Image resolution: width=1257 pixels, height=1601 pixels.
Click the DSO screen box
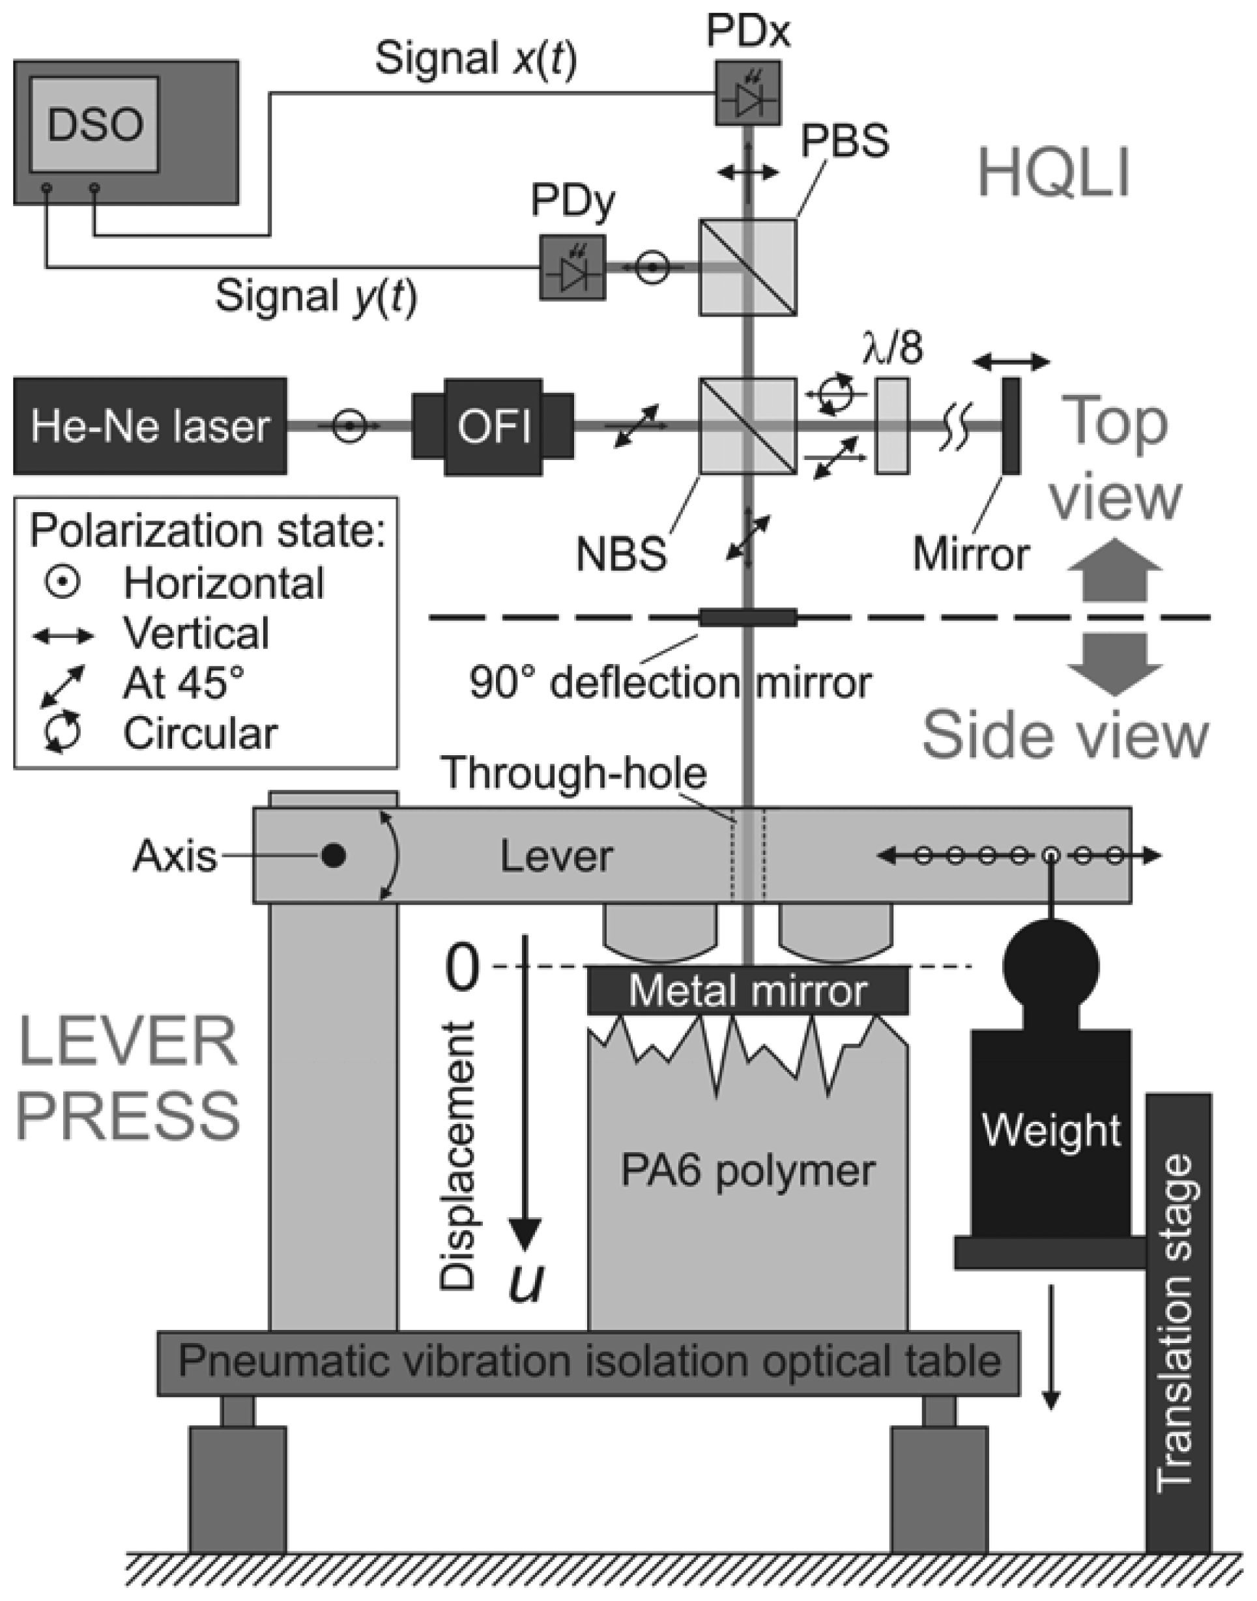pos(94,124)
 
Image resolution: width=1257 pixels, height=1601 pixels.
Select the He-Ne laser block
pos(150,426)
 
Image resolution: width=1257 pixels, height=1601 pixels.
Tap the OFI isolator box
pos(493,426)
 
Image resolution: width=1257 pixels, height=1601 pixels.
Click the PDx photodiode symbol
pos(747,93)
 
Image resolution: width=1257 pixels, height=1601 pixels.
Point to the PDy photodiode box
pos(573,268)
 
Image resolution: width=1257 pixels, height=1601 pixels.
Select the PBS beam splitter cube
pos(747,268)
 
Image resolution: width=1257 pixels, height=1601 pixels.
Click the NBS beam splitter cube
pos(747,426)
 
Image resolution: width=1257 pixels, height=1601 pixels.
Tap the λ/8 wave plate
pos(892,426)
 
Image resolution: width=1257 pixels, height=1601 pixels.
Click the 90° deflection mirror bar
pos(747,616)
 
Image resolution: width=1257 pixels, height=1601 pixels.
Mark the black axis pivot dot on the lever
pos(334,855)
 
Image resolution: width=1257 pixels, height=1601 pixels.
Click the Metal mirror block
pos(747,991)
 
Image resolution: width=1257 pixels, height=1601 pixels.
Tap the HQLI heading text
pos(1054,173)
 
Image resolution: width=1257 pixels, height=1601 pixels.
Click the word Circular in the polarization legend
pos(200,734)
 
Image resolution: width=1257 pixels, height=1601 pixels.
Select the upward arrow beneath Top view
pos(1115,570)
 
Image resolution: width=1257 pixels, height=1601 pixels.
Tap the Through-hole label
pos(573,773)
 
